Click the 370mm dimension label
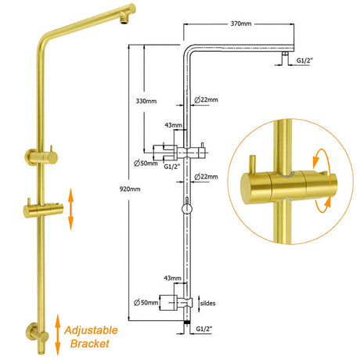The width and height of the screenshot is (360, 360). click(x=241, y=23)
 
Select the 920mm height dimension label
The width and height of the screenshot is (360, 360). click(x=130, y=189)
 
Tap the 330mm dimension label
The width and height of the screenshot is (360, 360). click(x=146, y=101)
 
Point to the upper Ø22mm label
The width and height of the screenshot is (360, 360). click(x=206, y=99)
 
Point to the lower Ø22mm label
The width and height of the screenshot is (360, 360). click(x=206, y=177)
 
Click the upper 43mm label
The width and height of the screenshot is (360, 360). click(x=173, y=125)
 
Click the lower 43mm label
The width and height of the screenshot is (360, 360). click(x=172, y=278)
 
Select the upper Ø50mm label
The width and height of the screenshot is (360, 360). click(x=146, y=164)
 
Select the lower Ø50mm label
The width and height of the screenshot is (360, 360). click(x=146, y=303)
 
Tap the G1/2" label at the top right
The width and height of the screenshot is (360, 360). click(x=304, y=60)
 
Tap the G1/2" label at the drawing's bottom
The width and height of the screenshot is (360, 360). click(x=204, y=329)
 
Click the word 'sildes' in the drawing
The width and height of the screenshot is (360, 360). click(x=207, y=303)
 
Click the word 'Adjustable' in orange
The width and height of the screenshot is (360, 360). click(x=91, y=330)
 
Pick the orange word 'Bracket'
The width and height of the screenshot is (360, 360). click(x=90, y=344)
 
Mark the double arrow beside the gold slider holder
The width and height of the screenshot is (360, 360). click(x=70, y=209)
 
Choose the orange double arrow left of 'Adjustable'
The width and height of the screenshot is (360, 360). click(x=58, y=335)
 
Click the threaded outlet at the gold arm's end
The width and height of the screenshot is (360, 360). click(x=124, y=21)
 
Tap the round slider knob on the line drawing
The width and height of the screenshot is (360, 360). click(x=187, y=209)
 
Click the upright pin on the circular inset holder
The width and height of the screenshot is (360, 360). click(x=252, y=164)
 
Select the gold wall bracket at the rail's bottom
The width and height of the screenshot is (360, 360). click(x=38, y=334)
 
